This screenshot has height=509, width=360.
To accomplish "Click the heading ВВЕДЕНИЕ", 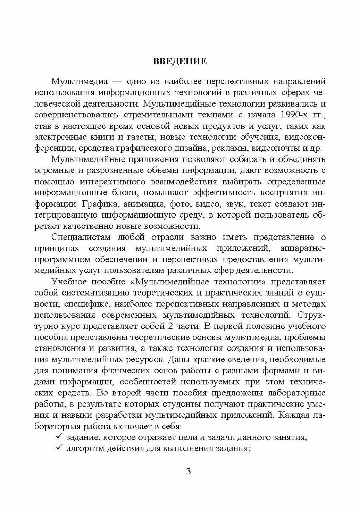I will pyautogui.click(x=180, y=61).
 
